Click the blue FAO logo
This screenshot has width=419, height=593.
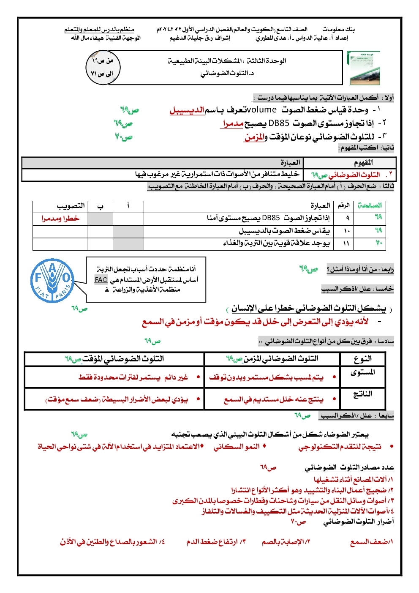(x=52, y=281)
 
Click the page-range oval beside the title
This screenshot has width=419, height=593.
(x=103, y=67)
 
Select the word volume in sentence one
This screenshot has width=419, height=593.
(x=261, y=110)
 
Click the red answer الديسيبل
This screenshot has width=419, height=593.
(x=187, y=110)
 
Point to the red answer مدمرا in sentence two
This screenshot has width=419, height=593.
(x=233, y=123)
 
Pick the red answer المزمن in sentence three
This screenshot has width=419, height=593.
(x=254, y=137)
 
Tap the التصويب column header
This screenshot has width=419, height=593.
(x=71, y=206)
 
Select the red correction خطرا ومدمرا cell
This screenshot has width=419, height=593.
(x=60, y=219)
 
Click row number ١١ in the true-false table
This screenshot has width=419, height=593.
(x=346, y=243)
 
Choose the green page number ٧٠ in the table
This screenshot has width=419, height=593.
(x=379, y=243)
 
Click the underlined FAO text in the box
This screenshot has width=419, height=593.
(x=101, y=280)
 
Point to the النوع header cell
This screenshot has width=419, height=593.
(x=363, y=359)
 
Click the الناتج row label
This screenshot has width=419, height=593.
(x=363, y=394)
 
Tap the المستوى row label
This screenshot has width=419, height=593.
(x=363, y=372)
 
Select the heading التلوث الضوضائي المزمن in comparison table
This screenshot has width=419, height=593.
(x=272, y=359)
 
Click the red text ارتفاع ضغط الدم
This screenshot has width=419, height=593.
(x=216, y=542)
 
